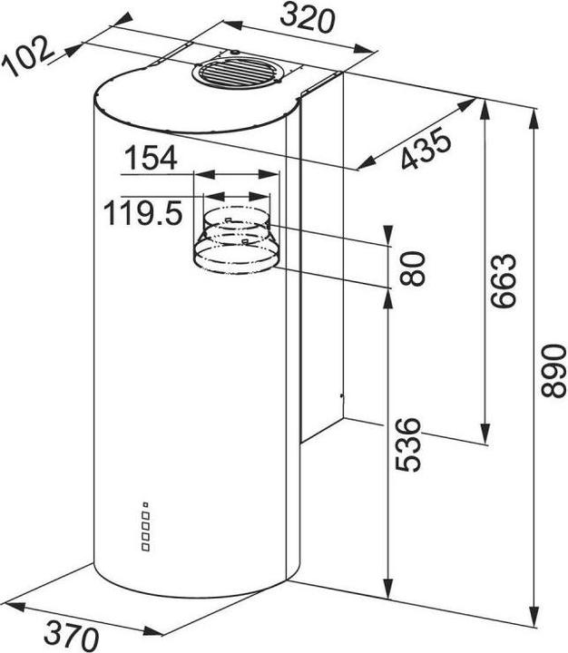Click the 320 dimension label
[307, 19]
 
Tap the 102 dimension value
[27, 56]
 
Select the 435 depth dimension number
[426, 148]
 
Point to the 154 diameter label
[151, 158]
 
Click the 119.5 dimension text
[143, 212]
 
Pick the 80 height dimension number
[412, 268]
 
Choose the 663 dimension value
[503, 280]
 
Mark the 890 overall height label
[553, 370]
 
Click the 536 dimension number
[408, 444]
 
